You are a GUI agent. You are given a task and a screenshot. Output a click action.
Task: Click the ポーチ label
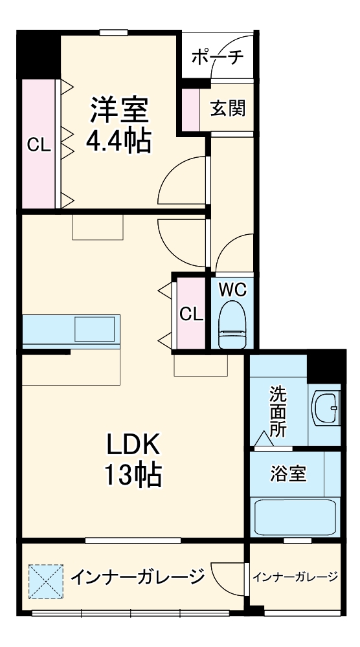tap(218, 57)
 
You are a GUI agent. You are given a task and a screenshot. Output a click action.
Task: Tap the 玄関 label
tap(228, 107)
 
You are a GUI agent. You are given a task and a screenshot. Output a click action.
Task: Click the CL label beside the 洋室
tap(39, 146)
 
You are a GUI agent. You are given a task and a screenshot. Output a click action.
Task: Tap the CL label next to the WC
tap(191, 314)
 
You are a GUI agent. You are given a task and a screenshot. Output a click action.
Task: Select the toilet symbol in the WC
tap(232, 323)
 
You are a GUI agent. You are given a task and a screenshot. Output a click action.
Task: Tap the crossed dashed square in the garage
tap(46, 581)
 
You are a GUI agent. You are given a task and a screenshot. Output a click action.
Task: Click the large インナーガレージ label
tap(137, 575)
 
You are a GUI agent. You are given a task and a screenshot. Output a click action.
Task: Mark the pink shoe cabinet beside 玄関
tap(190, 107)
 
